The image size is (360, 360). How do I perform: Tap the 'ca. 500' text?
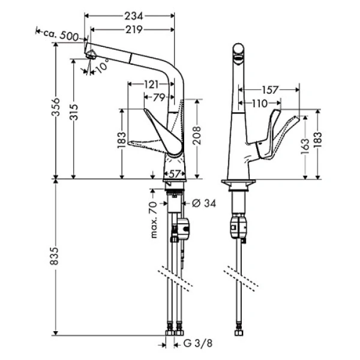(66, 37)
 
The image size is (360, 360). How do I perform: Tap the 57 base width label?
(174, 174)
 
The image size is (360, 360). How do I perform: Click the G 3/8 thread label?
(196, 344)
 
